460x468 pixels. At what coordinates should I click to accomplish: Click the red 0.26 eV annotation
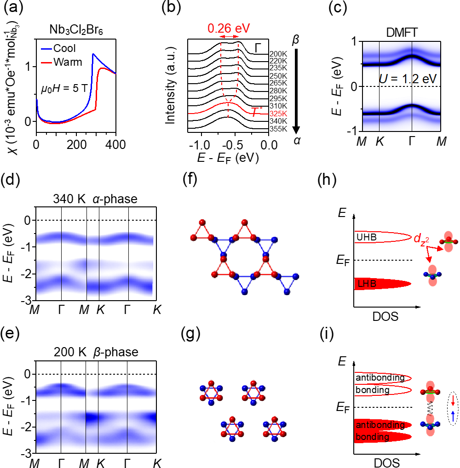229,28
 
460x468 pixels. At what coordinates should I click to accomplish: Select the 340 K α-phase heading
95,199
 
